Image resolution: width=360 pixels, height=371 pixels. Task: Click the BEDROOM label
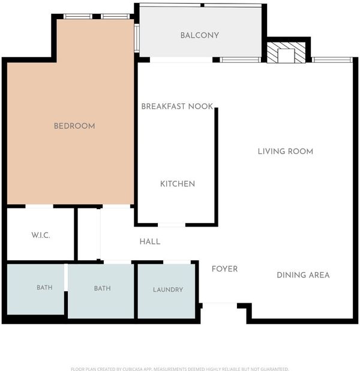pos(74,126)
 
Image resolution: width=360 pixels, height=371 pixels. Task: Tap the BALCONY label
pos(200,35)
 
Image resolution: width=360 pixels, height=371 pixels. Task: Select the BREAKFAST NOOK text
pos(177,107)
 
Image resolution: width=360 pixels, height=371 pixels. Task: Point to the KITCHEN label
pos(178,184)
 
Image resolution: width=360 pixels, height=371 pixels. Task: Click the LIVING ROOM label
pos(286,152)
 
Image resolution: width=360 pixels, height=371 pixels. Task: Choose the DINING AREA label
pos(303,275)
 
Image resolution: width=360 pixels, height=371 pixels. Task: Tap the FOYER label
pos(224,269)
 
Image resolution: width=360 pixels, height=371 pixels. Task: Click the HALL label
pos(150,242)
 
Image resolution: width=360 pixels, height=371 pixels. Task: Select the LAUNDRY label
pos(168,289)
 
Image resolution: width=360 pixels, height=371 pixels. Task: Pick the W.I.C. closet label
pos(41,235)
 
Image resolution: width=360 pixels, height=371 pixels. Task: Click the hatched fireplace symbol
pos(286,53)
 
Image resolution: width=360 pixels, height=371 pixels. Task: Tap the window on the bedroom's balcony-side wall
pos(137,38)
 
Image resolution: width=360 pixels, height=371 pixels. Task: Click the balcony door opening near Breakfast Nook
pos(181,59)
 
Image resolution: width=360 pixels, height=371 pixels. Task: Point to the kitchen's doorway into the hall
pos(172,225)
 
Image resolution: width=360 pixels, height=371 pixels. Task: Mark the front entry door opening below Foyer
pos(220,306)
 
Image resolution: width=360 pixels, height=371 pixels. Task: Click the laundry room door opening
pos(177,262)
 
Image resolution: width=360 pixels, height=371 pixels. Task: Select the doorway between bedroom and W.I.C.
pos(40,206)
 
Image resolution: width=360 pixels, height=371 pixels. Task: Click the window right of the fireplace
pos(332,60)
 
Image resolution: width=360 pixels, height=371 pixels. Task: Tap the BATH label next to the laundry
pos(103,288)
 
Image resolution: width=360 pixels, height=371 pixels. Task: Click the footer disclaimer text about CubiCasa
pos(180,369)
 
